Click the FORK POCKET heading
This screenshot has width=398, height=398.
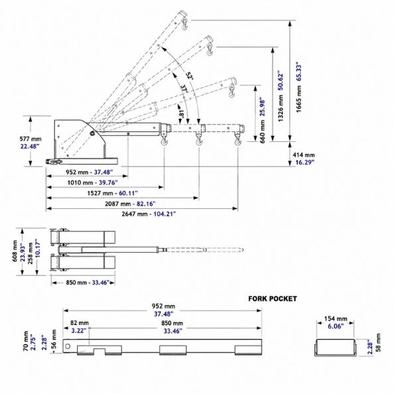tap(273, 298)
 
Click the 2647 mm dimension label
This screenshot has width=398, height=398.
tap(135, 214)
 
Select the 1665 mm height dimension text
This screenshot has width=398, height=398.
tap(298, 99)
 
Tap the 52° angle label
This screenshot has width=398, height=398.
tap(190, 76)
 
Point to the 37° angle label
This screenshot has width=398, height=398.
tap(184, 88)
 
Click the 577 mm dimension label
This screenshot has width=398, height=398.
tap(31, 139)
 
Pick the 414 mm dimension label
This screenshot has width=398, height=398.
tap(304, 155)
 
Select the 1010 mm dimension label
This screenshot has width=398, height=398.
tap(80, 182)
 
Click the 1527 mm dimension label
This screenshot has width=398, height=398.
tap(100, 193)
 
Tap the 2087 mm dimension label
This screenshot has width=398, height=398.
tap(118, 204)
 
